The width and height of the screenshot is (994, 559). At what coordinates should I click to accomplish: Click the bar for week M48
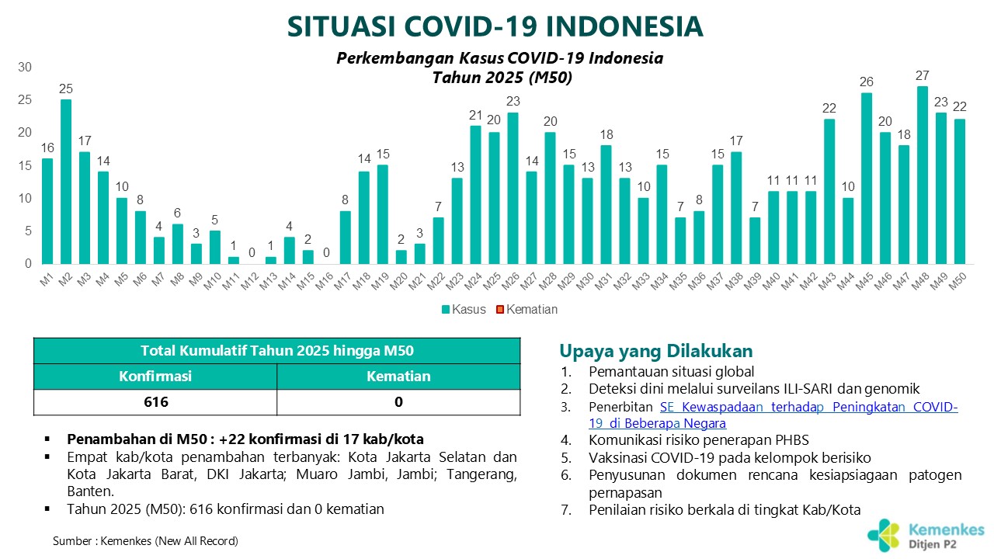point(922,175)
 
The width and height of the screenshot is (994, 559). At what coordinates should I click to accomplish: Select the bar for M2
point(66,182)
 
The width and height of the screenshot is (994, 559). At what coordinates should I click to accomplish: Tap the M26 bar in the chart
point(513,189)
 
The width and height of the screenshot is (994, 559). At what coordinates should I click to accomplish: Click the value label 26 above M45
point(866,82)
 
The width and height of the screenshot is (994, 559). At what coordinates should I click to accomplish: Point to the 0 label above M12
point(252,253)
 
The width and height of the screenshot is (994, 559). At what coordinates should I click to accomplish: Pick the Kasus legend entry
point(464,309)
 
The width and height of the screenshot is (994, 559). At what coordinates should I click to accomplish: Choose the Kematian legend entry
point(527,309)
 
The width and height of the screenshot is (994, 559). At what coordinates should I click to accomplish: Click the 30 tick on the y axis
point(25,67)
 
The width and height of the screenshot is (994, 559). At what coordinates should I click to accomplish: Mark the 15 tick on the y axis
point(25,165)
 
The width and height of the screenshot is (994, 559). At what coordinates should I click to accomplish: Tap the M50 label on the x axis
point(958,281)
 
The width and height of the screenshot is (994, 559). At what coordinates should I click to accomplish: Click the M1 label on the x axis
point(46,279)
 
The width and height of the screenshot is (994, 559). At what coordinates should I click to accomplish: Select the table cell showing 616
point(156,402)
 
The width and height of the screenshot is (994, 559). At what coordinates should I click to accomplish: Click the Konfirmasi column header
point(155,377)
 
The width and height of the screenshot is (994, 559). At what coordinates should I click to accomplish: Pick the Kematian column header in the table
point(398,377)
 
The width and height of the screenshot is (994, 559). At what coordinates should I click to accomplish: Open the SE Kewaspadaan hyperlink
point(773,415)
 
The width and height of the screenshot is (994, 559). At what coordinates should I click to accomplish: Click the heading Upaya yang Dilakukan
point(656,350)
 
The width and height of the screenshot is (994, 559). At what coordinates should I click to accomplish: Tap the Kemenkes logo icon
point(884,536)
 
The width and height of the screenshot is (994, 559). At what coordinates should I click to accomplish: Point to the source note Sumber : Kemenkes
point(145,541)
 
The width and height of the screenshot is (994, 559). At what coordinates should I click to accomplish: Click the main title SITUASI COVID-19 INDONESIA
point(495,26)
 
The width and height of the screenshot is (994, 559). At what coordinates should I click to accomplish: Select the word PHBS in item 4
point(792,439)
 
